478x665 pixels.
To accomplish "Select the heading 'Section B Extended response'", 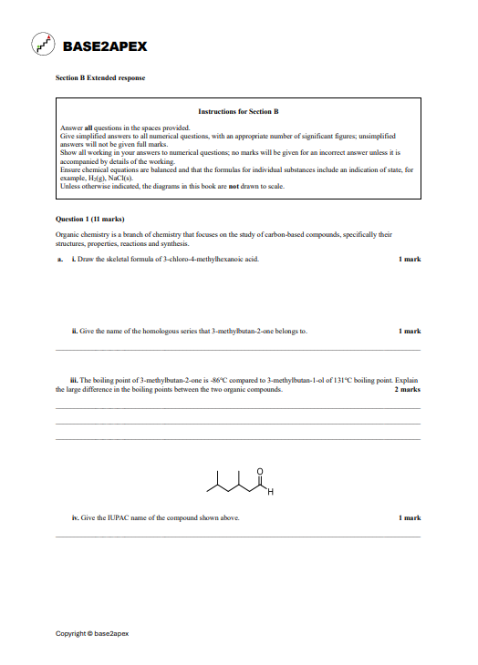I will coord(100,78).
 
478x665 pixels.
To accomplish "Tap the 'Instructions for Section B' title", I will coord(238,111).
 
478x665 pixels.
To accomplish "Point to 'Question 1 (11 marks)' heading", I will coord(89,220).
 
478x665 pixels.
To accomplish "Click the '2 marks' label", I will coord(407,389).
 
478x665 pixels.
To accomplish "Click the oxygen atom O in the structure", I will coord(260,471).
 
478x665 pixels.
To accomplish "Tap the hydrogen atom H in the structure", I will coord(270,493).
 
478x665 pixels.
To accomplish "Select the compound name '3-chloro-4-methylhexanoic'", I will coord(193,260).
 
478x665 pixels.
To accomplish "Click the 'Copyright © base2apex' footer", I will coord(92,633).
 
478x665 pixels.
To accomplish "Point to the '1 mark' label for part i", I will coord(410,260).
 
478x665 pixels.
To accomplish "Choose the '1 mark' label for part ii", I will coord(410,332).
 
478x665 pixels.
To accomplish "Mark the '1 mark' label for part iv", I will coord(410,517).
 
